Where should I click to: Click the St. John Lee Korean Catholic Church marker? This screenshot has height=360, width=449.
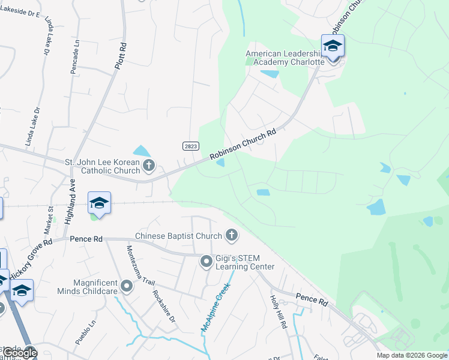point(149,165)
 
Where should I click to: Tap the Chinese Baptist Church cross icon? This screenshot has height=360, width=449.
point(231,235)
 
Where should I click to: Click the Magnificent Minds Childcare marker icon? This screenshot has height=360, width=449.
point(127,286)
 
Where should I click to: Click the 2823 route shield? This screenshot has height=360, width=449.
point(190,146)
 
